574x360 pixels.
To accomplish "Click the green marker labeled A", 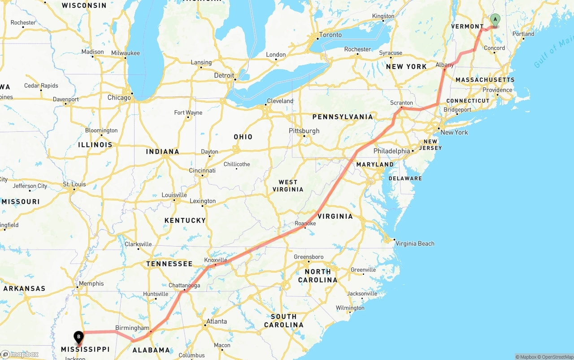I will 495,20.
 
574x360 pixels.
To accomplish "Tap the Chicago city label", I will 119,97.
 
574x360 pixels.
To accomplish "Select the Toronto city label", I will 330,35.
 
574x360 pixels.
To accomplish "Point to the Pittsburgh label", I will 304,131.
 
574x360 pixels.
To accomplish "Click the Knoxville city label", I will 216,260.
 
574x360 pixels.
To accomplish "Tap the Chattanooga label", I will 184,286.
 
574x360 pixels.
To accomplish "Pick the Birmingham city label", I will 132,328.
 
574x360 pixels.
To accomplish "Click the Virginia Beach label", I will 415,243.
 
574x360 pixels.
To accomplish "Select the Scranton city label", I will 401,103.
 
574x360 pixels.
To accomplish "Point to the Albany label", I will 445,65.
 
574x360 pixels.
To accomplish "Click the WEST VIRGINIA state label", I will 288,186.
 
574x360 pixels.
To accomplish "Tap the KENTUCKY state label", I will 185,221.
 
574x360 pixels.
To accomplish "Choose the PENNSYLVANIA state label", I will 343,117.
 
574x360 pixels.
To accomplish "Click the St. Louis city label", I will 74,184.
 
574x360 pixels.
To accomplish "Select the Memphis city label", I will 91,283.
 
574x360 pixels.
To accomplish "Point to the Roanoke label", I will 305,223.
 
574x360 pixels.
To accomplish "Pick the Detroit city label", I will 224,75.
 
